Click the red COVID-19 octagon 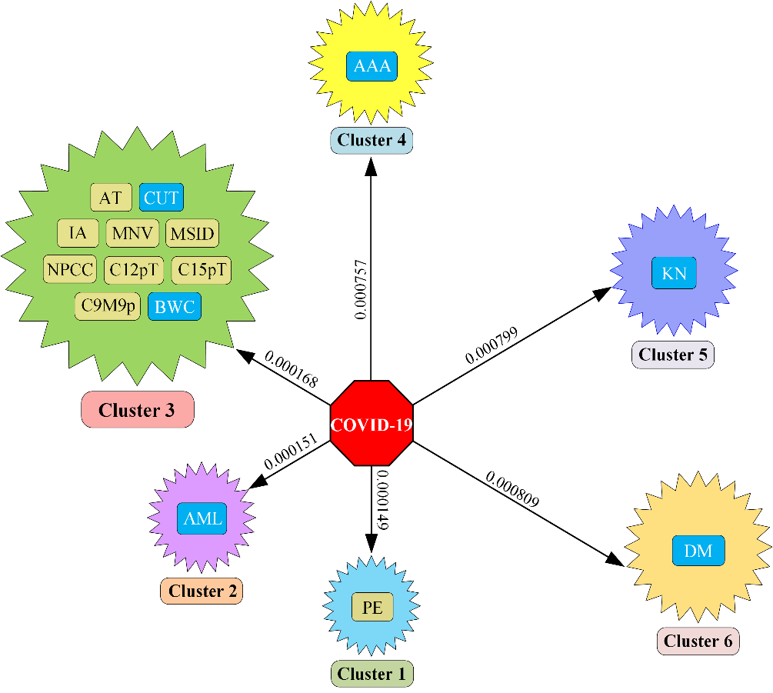tap(372, 423)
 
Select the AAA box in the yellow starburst tap(372, 66)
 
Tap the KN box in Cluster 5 tap(674, 274)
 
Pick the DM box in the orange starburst tap(698, 551)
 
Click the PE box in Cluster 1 tap(372, 607)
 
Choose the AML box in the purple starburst tap(202, 518)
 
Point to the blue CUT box tap(162, 198)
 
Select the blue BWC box tap(175, 307)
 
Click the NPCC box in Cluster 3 tap(70, 269)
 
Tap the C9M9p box tap(108, 307)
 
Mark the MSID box tap(192, 232)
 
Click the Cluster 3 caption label tap(137, 410)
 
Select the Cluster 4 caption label tap(372, 140)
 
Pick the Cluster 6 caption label tap(698, 641)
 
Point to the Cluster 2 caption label tap(202, 591)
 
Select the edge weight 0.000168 tap(292, 369)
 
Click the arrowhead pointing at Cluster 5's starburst tap(603, 292)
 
